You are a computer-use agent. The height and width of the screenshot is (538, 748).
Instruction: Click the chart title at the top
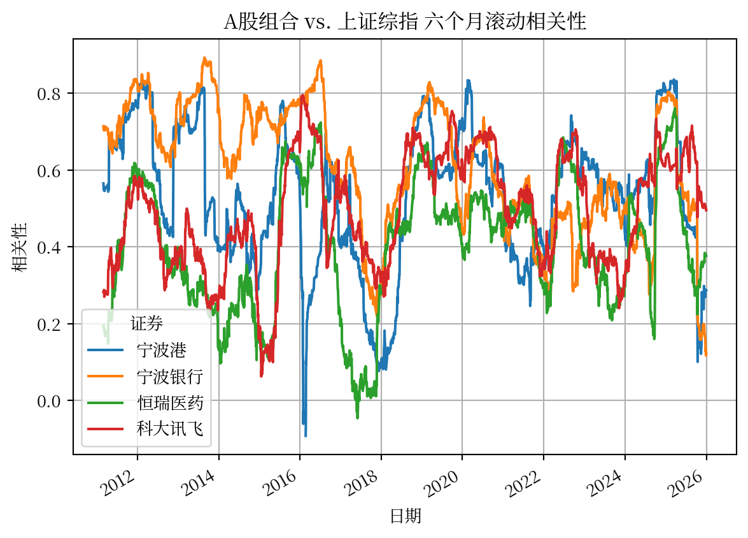pos(404,22)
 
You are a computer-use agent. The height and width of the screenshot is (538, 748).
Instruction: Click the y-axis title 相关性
pos(20,247)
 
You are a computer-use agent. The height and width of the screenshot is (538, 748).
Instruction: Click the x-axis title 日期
pos(406,516)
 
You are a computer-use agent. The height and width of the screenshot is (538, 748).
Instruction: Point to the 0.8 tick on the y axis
pos(49,94)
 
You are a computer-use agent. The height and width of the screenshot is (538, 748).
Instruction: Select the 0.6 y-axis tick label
pos(49,171)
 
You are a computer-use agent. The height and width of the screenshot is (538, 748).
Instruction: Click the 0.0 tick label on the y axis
pos(49,401)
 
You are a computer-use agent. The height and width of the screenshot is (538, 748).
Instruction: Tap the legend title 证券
pos(146,323)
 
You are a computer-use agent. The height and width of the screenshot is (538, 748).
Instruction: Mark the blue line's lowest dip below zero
pos(306,435)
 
